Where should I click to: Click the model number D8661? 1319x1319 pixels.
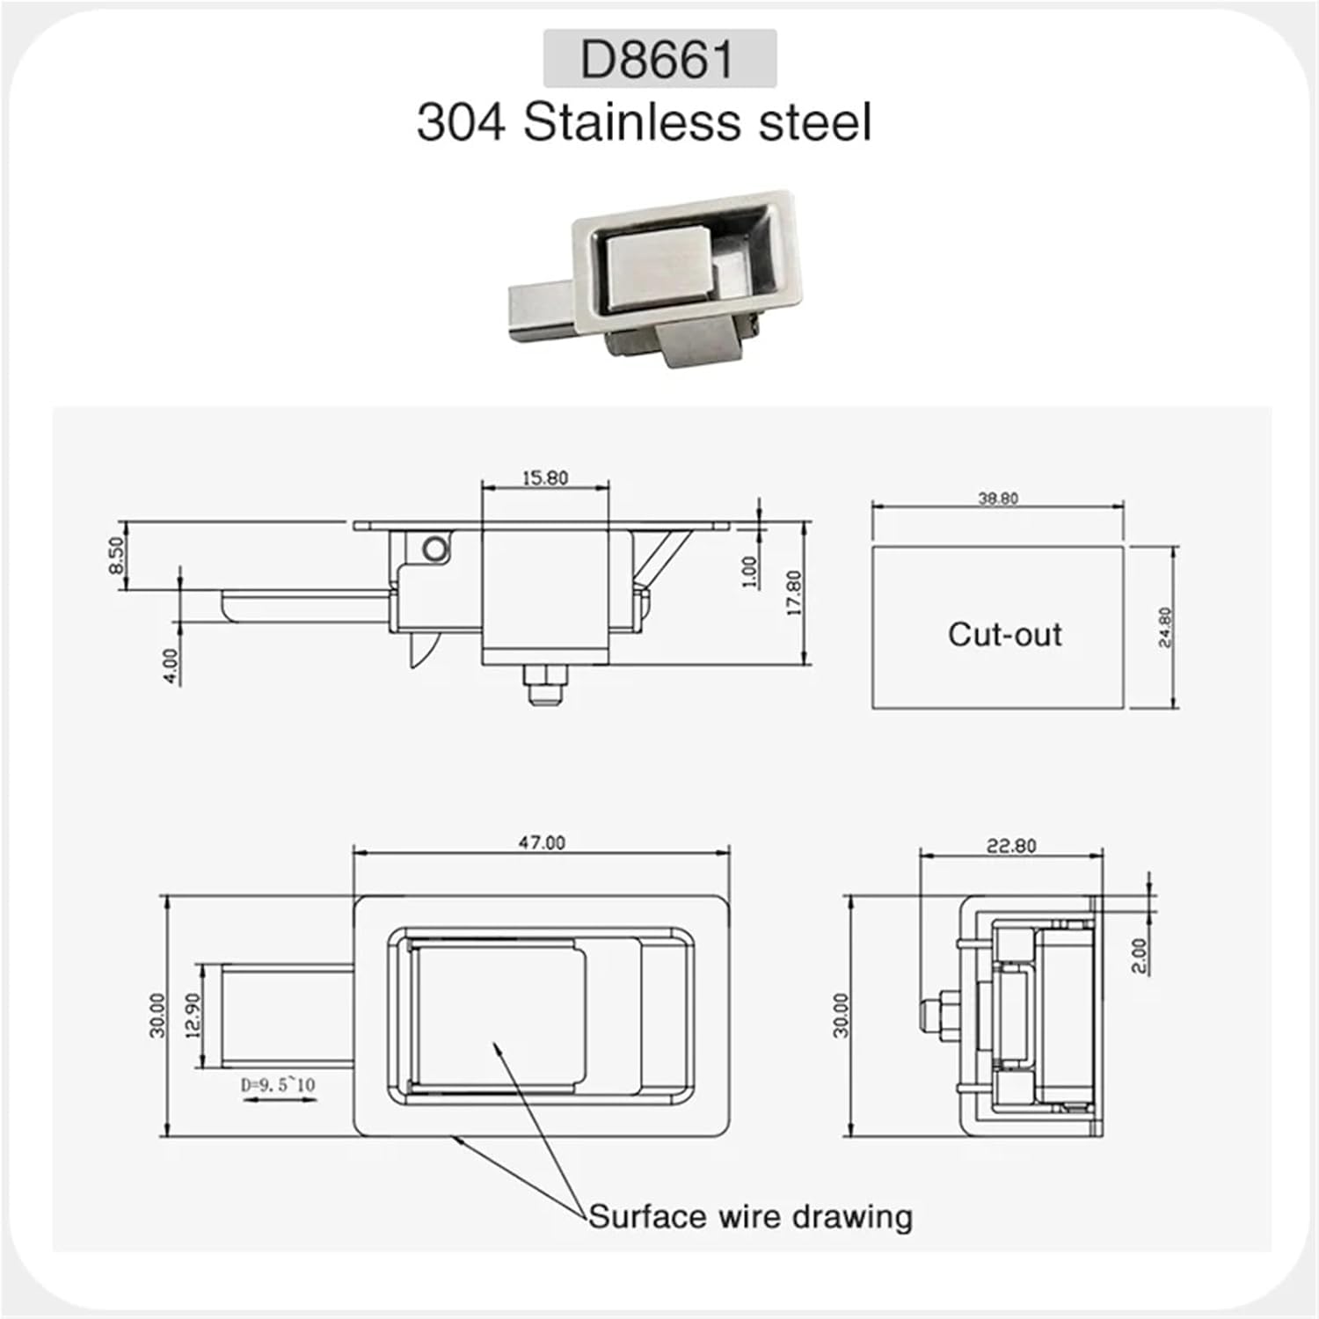click(658, 59)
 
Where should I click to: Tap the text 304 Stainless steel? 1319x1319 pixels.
click(644, 122)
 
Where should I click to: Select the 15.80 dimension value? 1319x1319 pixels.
click(545, 478)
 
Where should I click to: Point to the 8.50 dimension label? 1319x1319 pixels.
click(116, 555)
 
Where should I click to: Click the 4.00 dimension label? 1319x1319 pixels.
click(171, 665)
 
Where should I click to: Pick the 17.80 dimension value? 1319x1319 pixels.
click(794, 593)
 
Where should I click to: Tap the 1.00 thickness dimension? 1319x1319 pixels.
click(750, 572)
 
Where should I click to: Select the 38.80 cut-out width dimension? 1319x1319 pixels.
click(998, 499)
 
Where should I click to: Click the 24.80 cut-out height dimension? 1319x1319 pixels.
click(1165, 627)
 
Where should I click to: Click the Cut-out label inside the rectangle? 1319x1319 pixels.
click(1004, 634)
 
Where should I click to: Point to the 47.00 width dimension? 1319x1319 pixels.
click(542, 842)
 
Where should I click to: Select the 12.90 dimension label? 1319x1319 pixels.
click(193, 1016)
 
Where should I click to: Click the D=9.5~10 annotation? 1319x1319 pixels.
click(278, 1085)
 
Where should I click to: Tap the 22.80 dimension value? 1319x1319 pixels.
click(1011, 846)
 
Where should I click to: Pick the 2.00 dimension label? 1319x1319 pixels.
click(1139, 956)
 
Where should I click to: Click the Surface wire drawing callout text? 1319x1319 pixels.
click(750, 1217)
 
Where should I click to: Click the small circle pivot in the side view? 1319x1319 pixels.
click(434, 550)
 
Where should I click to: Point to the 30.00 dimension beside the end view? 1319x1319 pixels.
click(842, 1016)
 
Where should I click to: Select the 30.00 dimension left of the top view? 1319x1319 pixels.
click(157, 1016)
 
